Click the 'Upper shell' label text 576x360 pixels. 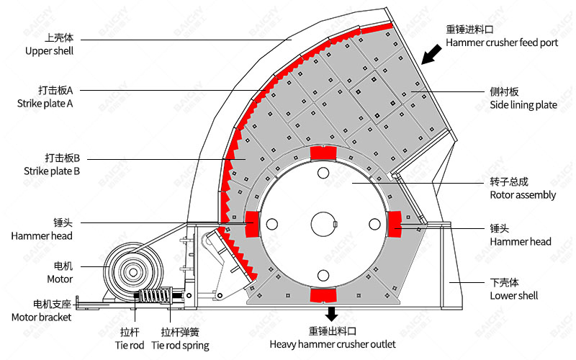[49, 51]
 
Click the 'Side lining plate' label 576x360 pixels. [523, 104]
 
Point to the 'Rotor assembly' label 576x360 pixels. [523, 194]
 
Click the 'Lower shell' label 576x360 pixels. [513, 295]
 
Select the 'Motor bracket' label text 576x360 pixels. [42, 317]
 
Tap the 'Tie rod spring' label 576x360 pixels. [180, 345]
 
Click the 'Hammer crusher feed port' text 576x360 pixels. [502, 42]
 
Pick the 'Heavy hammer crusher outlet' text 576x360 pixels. [333, 344]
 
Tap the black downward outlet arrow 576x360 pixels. [332, 314]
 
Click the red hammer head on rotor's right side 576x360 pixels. [395, 224]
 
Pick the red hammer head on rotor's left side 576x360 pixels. [252, 224]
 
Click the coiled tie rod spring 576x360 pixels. [155, 296]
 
